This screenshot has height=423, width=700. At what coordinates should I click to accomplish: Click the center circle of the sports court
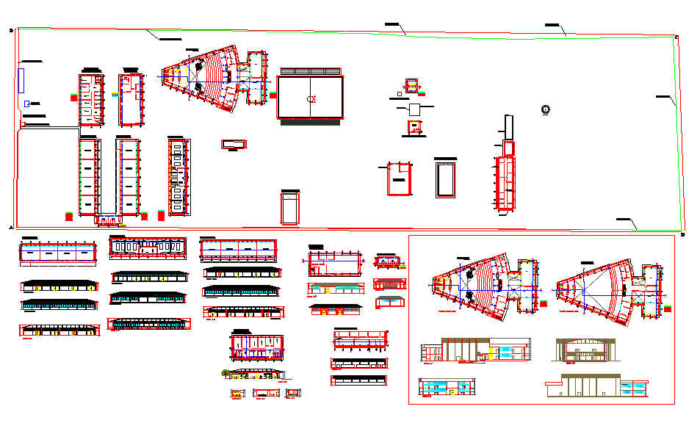pos(311,98)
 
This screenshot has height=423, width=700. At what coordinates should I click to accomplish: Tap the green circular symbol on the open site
pos(545,109)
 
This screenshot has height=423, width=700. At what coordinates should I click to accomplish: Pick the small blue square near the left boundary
pos(27,104)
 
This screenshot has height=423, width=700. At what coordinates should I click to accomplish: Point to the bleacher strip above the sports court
pos(311,71)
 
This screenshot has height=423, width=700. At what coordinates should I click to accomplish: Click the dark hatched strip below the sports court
pos(311,122)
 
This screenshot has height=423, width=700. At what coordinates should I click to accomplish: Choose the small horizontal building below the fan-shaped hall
pos(233,144)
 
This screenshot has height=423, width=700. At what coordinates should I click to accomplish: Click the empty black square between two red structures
pos(414,109)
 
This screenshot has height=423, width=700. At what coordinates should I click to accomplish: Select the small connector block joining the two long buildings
pos(108,219)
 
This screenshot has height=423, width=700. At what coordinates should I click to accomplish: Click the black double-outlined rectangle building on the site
pos(446,178)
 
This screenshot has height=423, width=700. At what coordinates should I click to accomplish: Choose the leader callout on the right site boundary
pos(665,98)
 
